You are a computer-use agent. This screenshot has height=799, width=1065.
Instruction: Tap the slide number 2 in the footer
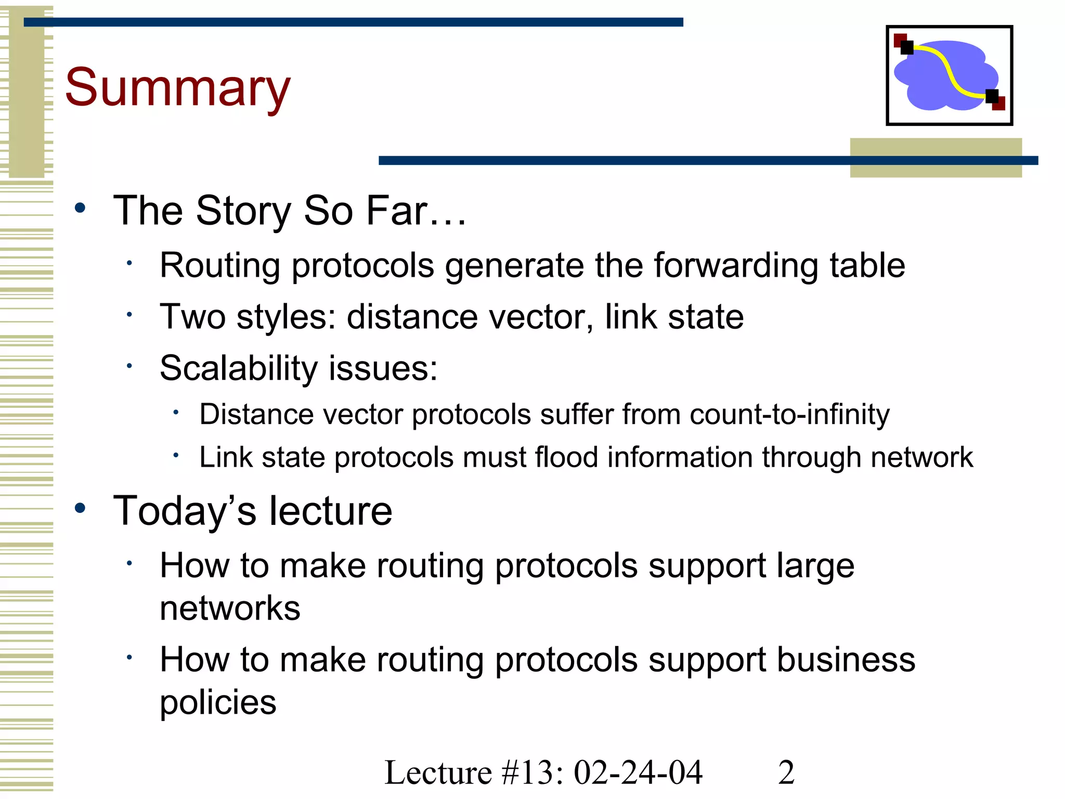pos(786,772)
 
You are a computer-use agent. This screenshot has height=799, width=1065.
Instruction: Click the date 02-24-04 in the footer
pos(638,772)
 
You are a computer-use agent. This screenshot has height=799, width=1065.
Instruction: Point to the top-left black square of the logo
pos(907,48)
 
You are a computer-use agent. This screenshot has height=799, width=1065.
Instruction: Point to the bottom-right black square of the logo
pos(992,96)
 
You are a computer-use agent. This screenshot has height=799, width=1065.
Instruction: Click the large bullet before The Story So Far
pos(80,208)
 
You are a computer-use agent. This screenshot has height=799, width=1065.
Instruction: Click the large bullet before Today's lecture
pos(80,508)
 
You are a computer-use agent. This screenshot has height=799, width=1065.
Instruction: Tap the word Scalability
pos(238,368)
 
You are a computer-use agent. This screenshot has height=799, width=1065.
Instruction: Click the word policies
pos(218,703)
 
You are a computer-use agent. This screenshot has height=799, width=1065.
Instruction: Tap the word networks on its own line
pos(230,608)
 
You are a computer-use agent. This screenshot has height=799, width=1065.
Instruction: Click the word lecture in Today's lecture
pos(330,511)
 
